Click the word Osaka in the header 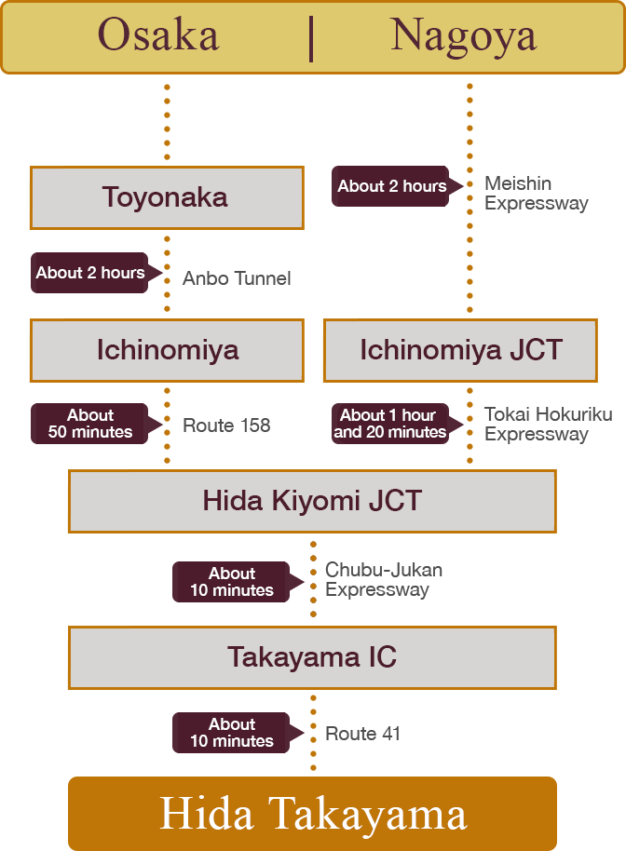pos(158,36)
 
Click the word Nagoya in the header pos(463,36)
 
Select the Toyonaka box pos(166,197)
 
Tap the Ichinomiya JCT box pos(460,350)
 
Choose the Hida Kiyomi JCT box pos(312,501)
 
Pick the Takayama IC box pos(312,657)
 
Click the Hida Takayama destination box pos(313,813)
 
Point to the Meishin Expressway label pos(535,194)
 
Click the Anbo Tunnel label pos(237,278)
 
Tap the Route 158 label pos(226,425)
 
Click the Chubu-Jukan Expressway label pos(383,579)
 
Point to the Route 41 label pos(362,734)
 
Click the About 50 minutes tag pos(90,424)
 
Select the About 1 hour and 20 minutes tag pos(390,424)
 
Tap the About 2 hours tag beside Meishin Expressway pos(391,186)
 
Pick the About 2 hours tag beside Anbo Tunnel pos(89,273)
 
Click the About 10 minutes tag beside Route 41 pos(232,733)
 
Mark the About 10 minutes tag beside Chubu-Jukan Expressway pos(232,582)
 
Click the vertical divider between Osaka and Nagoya pos(311,37)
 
